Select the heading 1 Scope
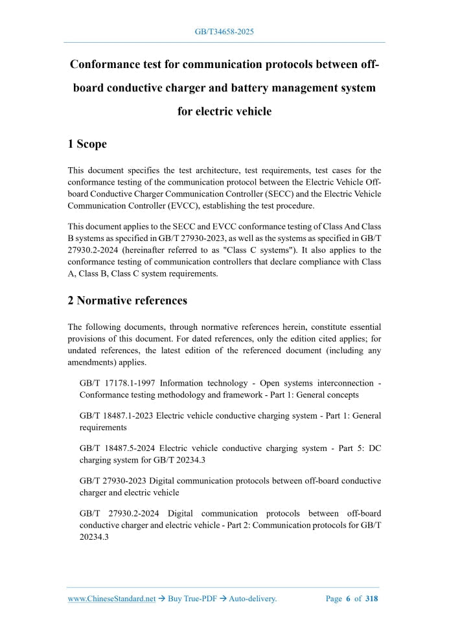(x=87, y=144)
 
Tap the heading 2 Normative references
(x=128, y=300)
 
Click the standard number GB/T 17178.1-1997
(x=117, y=383)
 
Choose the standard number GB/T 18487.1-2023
(x=117, y=416)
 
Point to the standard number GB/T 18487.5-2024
(x=117, y=448)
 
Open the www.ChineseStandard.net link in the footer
(x=112, y=599)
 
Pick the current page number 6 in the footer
(x=348, y=599)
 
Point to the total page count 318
(x=371, y=599)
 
